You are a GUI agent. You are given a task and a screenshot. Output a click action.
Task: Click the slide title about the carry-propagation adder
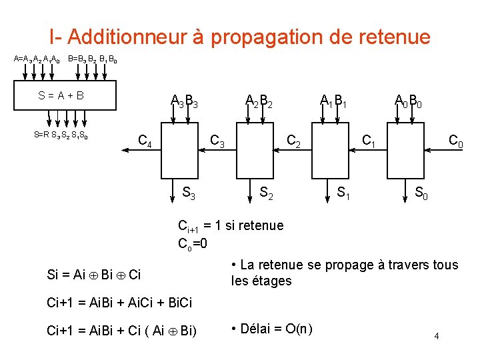click(x=239, y=37)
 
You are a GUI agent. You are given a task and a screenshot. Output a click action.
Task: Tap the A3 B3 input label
click(x=183, y=101)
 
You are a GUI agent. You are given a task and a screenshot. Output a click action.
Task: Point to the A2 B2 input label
click(x=259, y=101)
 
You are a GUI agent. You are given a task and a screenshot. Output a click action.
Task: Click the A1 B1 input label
click(x=333, y=101)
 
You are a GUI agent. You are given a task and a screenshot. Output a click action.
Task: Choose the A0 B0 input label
click(x=407, y=101)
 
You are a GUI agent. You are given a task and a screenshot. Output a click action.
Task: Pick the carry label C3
click(x=217, y=141)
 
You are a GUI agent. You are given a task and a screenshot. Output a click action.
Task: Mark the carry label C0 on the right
click(x=456, y=141)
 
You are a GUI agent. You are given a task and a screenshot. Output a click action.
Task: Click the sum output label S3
click(x=189, y=193)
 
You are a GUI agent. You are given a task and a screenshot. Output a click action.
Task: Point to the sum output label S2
click(x=265, y=193)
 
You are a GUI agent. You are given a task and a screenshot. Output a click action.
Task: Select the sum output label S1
click(x=344, y=193)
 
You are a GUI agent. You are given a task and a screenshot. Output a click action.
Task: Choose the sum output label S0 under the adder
click(x=421, y=193)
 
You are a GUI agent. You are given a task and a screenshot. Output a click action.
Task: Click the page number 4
click(x=437, y=336)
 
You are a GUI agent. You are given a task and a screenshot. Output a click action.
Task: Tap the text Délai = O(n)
click(x=271, y=329)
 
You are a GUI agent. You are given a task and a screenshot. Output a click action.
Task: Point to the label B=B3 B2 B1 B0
click(x=93, y=59)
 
